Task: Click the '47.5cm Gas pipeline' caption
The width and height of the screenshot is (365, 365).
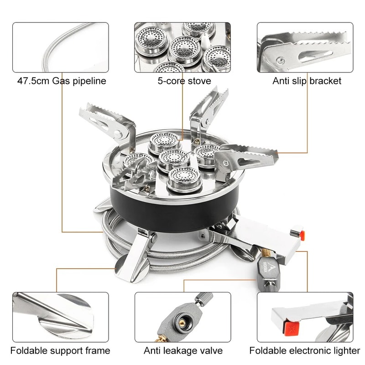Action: (62, 81)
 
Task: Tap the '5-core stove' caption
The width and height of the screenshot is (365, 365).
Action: (182, 81)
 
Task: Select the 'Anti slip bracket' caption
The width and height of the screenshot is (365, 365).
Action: (307, 81)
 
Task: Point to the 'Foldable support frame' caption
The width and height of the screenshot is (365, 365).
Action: (60, 350)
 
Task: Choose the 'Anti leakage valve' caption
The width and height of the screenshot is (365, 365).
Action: (183, 350)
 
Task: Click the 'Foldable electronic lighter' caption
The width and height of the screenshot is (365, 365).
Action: (304, 350)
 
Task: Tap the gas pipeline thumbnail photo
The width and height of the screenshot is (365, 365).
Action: (61, 47)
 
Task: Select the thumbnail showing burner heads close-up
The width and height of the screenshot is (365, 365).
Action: (182, 47)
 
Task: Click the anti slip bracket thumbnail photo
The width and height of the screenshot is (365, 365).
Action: (305, 47)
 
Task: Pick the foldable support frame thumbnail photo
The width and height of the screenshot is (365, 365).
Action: (61, 317)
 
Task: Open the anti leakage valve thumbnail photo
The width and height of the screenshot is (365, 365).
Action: (182, 317)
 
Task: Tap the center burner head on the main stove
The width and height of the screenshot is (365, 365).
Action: (174, 157)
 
